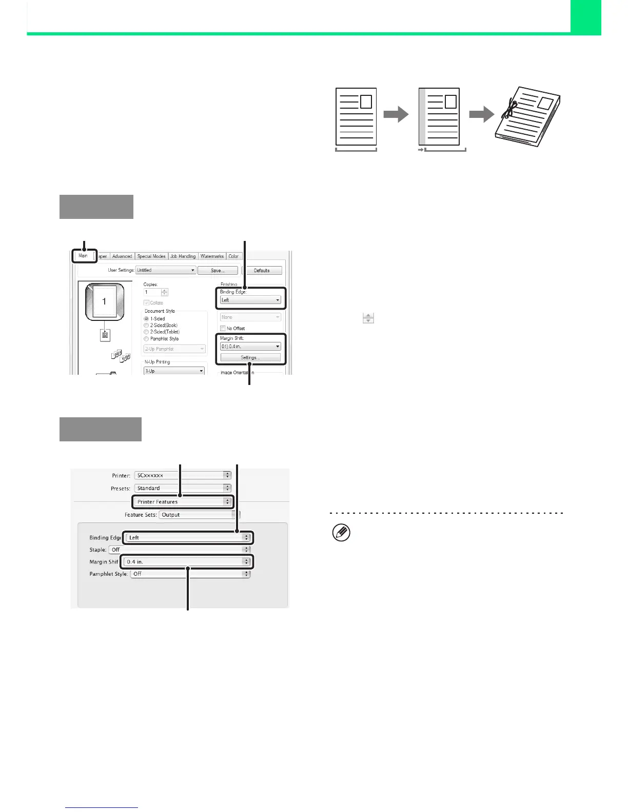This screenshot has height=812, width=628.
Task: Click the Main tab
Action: click(x=83, y=255)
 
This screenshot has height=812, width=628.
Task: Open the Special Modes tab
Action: click(x=151, y=256)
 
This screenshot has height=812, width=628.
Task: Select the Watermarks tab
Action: click(x=212, y=256)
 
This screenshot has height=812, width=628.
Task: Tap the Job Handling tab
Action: click(x=183, y=256)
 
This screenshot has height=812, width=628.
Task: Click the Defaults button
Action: click(x=262, y=270)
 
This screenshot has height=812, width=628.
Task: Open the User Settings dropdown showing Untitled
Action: click(x=166, y=270)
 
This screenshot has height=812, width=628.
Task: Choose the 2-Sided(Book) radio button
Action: click(x=147, y=326)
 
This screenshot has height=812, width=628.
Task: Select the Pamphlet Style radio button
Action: click(x=147, y=339)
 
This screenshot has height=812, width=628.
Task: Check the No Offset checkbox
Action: click(x=223, y=328)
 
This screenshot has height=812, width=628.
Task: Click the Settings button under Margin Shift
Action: click(x=250, y=357)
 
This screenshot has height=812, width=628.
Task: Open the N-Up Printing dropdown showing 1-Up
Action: click(x=174, y=371)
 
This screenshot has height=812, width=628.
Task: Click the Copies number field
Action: click(x=152, y=292)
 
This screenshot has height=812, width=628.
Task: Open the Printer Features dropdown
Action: click(x=182, y=502)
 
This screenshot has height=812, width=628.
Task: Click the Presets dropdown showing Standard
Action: click(x=182, y=489)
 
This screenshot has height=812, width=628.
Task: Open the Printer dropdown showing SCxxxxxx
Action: click(x=182, y=476)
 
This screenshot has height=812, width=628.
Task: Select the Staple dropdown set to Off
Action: click(x=180, y=550)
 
